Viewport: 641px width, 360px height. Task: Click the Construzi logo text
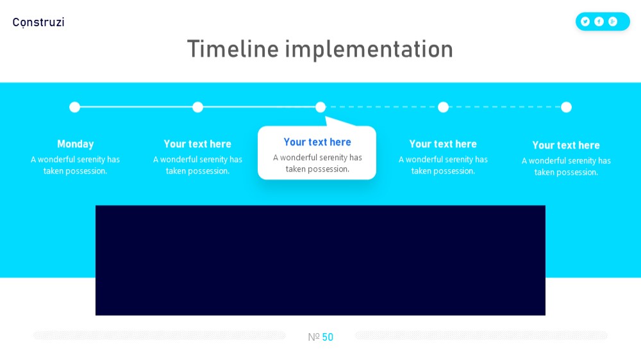click(x=38, y=22)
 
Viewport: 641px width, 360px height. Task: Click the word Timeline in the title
click(x=233, y=49)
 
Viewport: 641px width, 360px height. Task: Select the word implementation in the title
click(x=369, y=50)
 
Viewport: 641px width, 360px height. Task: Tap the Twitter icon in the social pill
click(x=585, y=22)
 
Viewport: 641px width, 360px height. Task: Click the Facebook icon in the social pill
click(x=599, y=22)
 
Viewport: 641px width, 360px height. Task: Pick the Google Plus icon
click(x=612, y=22)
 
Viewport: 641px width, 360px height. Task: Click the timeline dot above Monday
click(x=75, y=107)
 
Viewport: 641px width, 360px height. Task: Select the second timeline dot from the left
click(x=198, y=107)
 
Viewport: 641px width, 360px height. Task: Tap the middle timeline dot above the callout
click(x=320, y=107)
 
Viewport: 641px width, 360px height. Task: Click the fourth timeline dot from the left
click(x=443, y=107)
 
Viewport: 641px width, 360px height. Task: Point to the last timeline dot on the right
click(x=566, y=107)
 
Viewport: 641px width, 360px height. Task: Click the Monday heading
click(x=75, y=144)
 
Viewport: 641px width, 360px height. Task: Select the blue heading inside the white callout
click(x=317, y=142)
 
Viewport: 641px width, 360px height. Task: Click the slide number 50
click(x=328, y=337)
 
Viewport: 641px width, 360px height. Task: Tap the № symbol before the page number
click(x=313, y=337)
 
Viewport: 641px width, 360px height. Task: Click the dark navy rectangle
click(x=320, y=260)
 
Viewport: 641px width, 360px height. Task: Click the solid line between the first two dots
click(x=136, y=107)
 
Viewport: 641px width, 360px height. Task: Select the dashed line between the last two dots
click(x=504, y=107)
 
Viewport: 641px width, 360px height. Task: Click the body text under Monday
click(x=75, y=165)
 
